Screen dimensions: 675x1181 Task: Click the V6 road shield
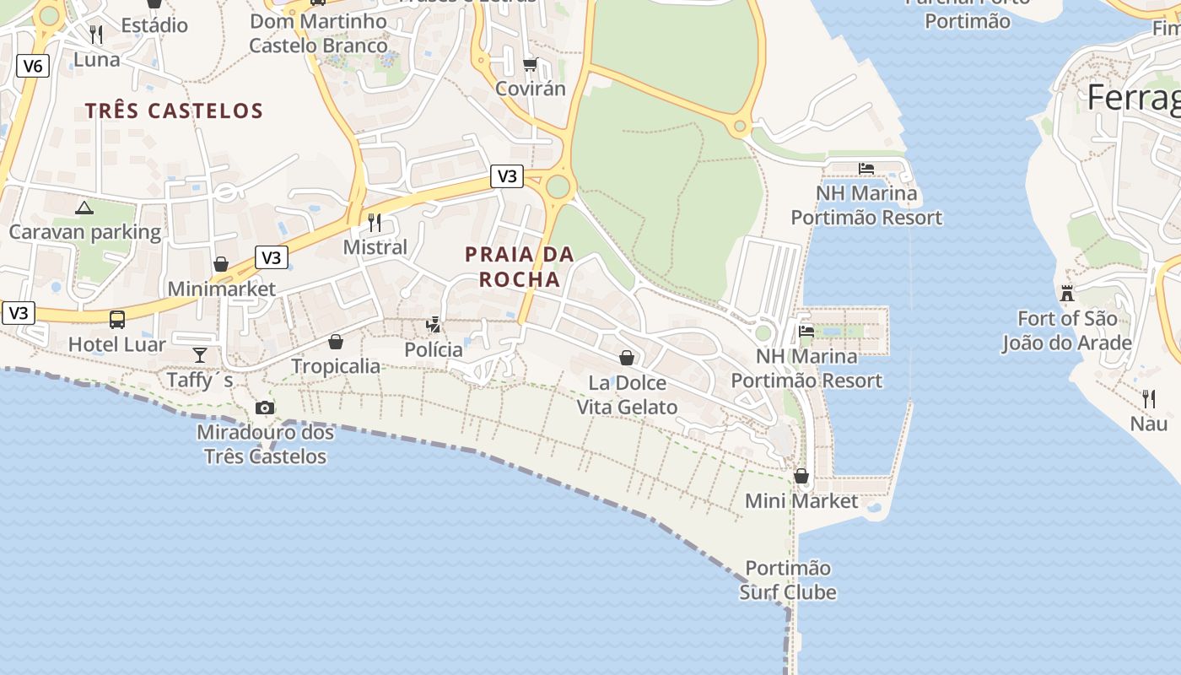pyautogui.click(x=32, y=66)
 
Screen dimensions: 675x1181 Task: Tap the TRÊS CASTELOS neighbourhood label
pyautogui.click(x=175, y=111)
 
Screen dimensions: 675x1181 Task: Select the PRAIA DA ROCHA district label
pyautogui.click(x=520, y=267)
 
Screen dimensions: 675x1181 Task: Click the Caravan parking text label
pyautogui.click(x=85, y=232)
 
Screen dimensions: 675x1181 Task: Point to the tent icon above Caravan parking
pyautogui.click(x=84, y=208)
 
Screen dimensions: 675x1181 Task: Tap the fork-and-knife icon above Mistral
pyautogui.click(x=375, y=223)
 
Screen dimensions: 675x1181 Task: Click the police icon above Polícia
pyautogui.click(x=434, y=324)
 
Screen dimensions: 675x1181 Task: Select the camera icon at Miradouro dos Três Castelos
pyautogui.click(x=265, y=408)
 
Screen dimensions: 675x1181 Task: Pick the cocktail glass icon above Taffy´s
pyautogui.click(x=200, y=354)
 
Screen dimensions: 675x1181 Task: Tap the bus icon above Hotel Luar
pyautogui.click(x=117, y=320)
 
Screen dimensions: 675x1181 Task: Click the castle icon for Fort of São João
pyautogui.click(x=1067, y=294)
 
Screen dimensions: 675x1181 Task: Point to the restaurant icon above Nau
pyautogui.click(x=1148, y=399)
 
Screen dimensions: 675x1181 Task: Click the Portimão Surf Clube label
pyautogui.click(x=788, y=580)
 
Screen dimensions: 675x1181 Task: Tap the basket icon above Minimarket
pyautogui.click(x=221, y=265)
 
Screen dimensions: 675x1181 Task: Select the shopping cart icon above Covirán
pyautogui.click(x=531, y=64)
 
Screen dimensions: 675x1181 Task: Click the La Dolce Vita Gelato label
pyautogui.click(x=627, y=395)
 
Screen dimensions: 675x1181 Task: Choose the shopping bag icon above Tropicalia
pyautogui.click(x=336, y=342)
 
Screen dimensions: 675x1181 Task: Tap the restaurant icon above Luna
pyautogui.click(x=96, y=35)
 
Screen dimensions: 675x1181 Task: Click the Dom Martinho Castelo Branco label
pyautogui.click(x=319, y=33)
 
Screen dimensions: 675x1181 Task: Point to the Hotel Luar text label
pyautogui.click(x=117, y=344)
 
